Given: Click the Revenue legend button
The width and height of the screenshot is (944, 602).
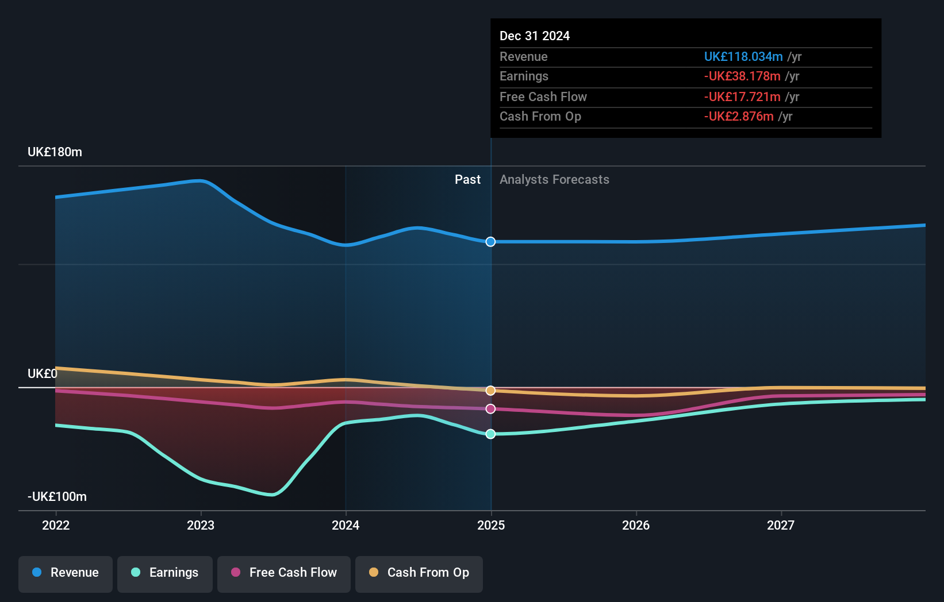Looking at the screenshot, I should point(66,573).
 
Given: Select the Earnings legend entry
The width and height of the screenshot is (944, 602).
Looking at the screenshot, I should point(165,573).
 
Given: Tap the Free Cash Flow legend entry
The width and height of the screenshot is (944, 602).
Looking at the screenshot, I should point(284,573).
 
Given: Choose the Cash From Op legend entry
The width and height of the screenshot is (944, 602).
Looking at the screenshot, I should point(419,573).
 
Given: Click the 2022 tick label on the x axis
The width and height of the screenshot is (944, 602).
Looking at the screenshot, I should point(56,526).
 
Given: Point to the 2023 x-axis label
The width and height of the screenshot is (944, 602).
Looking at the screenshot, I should point(201,526).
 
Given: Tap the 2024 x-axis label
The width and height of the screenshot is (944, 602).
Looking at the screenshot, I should point(346,526).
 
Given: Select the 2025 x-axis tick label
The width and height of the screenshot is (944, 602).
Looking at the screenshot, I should point(491,526).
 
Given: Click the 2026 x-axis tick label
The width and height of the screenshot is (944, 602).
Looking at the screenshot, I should point(636,526).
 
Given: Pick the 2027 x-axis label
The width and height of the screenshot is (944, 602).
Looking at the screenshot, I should point(781,526).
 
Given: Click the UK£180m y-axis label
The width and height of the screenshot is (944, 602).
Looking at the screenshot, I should point(55,152).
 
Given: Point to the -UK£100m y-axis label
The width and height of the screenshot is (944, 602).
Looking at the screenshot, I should point(57,497).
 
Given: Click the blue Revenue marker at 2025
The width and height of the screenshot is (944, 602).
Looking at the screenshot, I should point(490,242).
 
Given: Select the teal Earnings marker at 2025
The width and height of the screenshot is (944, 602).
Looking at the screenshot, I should point(490,434).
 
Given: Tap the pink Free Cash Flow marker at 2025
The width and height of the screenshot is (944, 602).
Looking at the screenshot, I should point(490,409).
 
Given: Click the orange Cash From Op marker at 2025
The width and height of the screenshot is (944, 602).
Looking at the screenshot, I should point(490,391).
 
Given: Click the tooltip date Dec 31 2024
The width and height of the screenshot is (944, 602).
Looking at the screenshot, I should point(535,36).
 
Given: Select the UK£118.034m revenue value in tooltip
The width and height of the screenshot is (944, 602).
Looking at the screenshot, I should point(743,57).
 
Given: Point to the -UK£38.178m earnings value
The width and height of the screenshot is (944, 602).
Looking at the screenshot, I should point(742,76).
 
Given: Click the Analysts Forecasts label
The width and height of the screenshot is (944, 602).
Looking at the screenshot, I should point(554,180).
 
